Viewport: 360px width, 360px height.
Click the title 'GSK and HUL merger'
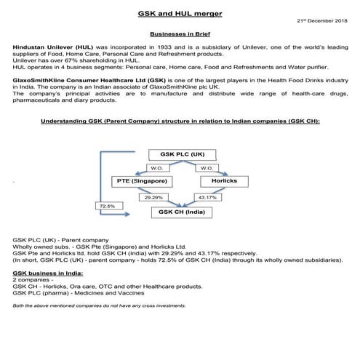(180, 13)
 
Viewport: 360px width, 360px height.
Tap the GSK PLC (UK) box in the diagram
(179, 155)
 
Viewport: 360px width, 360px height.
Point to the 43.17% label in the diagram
(209, 197)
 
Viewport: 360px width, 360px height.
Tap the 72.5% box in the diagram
(106, 207)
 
